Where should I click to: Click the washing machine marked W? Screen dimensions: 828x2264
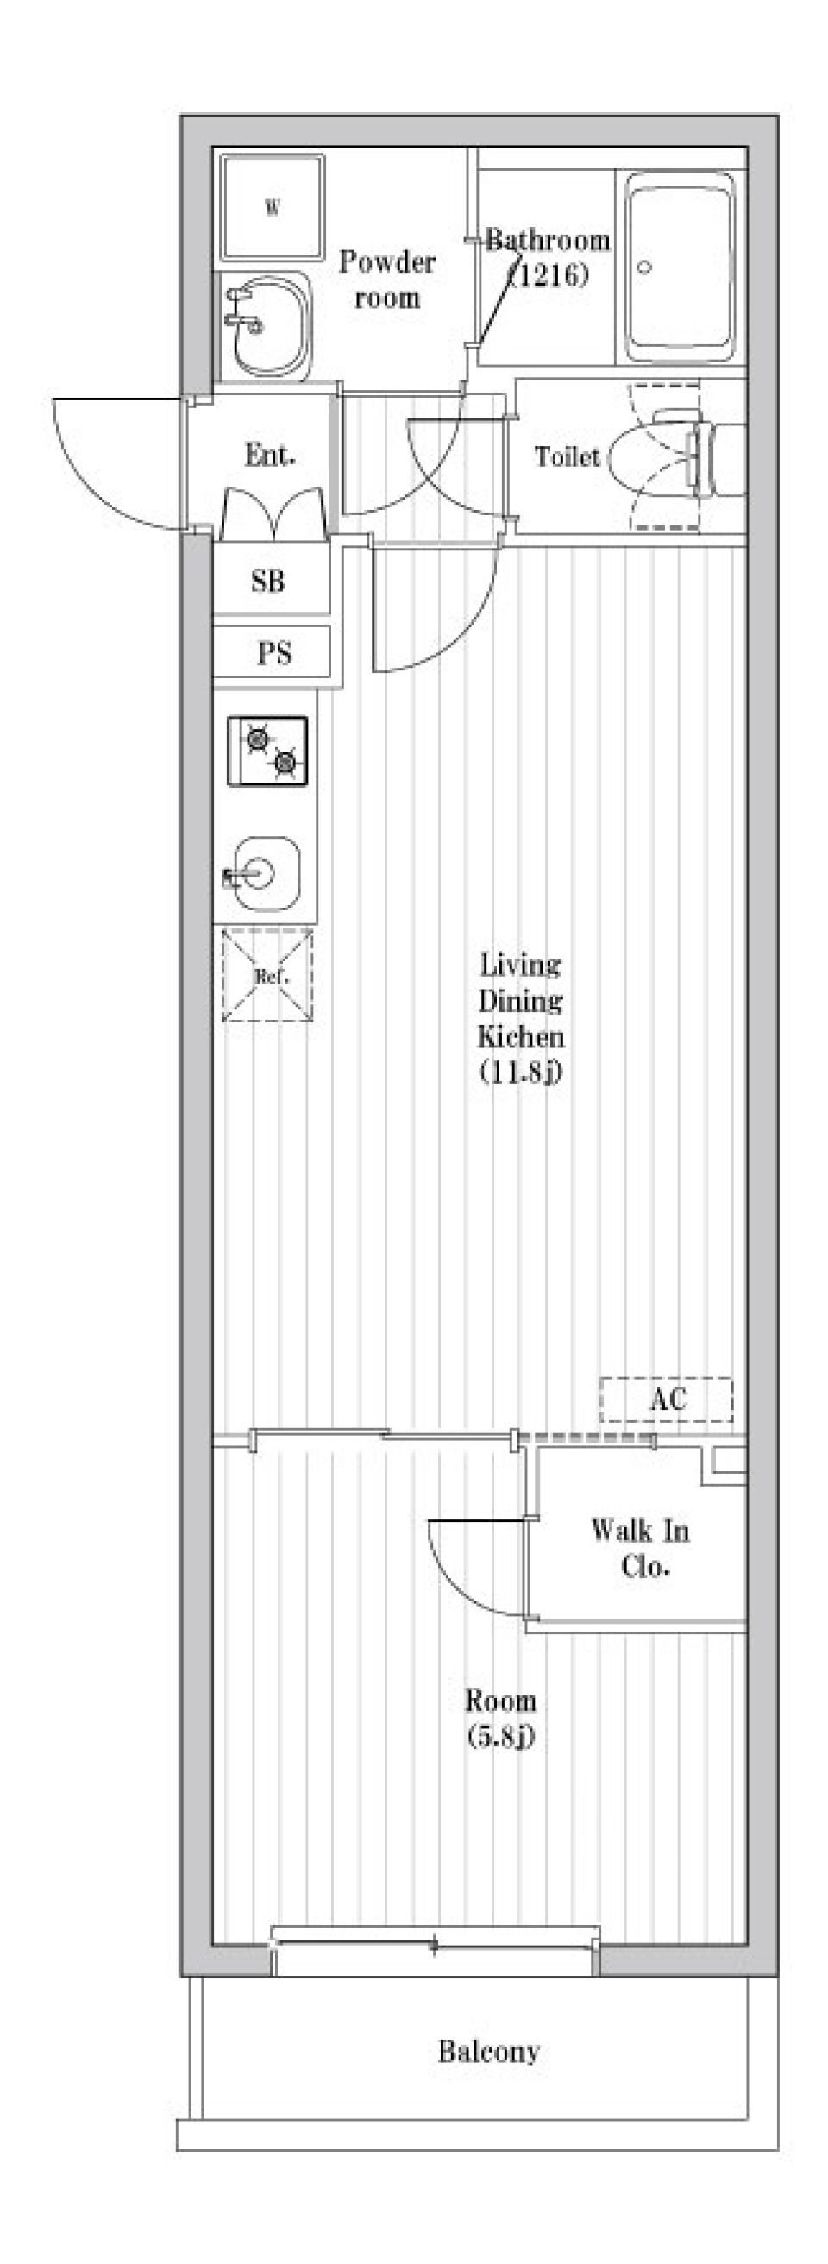tap(273, 207)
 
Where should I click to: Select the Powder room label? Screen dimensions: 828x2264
tap(386, 280)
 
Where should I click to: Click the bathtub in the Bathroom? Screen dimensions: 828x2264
tap(680, 267)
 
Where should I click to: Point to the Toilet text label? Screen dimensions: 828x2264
tap(567, 456)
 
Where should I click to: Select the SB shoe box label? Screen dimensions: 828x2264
tap(268, 581)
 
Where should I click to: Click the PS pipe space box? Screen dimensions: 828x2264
tap(273, 652)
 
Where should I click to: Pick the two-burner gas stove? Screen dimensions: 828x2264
tap(268, 751)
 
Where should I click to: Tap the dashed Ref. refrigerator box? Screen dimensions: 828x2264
tap(267, 975)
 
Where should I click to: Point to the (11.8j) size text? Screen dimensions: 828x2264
tap(520, 1072)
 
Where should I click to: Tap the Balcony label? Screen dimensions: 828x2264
tap(489, 2053)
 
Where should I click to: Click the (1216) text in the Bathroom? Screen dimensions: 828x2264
tap(549, 275)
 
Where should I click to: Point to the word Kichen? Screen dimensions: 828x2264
tap(520, 1037)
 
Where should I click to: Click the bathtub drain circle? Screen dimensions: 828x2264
tap(644, 267)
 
